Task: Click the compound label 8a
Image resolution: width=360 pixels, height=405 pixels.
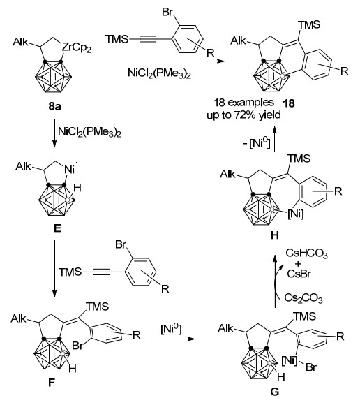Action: pyautogui.click(x=54, y=106)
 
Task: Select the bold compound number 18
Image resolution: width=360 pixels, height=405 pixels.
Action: pyautogui.click(x=289, y=103)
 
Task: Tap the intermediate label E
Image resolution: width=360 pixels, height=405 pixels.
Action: pyautogui.click(x=57, y=228)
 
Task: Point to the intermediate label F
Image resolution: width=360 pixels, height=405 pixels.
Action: pyautogui.click(x=52, y=383)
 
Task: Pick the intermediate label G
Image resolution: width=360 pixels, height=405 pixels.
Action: pyautogui.click(x=275, y=392)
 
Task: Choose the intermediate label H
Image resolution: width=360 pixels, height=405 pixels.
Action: pyautogui.click(x=275, y=235)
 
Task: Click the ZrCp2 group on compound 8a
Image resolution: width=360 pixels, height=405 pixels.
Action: pyautogui.click(x=77, y=48)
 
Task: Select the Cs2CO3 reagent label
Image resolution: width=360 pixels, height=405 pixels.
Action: pyautogui.click(x=303, y=297)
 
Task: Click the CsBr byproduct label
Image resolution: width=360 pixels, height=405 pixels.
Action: pyautogui.click(x=299, y=273)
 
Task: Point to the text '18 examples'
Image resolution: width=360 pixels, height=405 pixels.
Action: pyautogui.click(x=243, y=103)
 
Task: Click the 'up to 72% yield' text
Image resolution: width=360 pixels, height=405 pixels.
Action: pyautogui.click(x=243, y=115)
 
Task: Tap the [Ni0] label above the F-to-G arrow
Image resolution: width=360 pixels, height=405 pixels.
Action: pyautogui.click(x=171, y=329)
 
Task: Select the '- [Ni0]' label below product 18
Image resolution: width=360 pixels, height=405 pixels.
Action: pyautogui.click(x=257, y=143)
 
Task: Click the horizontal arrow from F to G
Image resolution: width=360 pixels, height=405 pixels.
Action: pyautogui.click(x=174, y=339)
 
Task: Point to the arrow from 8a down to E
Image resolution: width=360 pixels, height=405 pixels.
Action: pyautogui.click(x=54, y=133)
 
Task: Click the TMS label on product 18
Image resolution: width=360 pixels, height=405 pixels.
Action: pyautogui.click(x=309, y=25)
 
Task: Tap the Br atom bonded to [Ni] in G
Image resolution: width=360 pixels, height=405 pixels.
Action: pyautogui.click(x=311, y=367)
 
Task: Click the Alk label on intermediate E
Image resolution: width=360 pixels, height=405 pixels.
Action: pyautogui.click(x=23, y=166)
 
